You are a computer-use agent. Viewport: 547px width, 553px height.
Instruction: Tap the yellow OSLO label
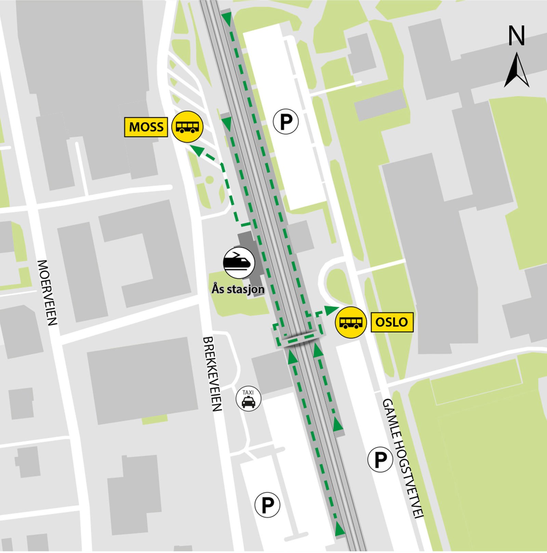pos(392,322)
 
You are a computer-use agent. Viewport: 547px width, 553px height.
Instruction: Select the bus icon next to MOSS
pos(187,127)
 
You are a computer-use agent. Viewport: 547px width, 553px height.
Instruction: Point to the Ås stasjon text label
pos(238,289)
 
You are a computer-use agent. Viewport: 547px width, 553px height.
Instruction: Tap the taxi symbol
pos(249,399)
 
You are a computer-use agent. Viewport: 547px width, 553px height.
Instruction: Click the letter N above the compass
pos(516,36)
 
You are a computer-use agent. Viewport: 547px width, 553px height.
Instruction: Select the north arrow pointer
pos(517,71)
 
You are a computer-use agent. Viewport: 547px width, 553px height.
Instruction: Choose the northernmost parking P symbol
pos(286,122)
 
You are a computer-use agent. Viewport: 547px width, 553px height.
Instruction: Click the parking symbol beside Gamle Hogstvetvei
pos(380,460)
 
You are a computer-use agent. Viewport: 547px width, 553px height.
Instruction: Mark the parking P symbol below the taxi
pos(267,504)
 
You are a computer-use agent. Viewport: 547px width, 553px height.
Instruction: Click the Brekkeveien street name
pos(212,374)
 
